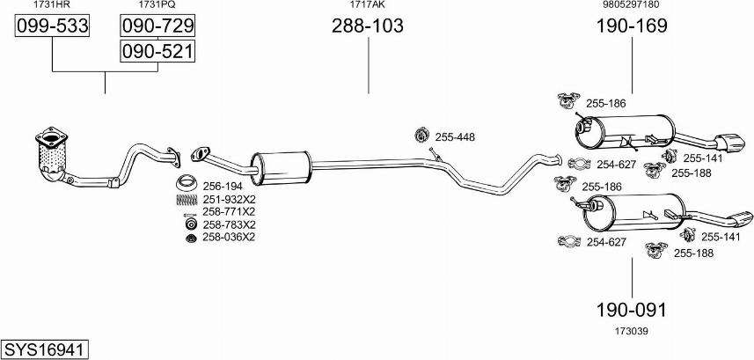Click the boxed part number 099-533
pos(52,26)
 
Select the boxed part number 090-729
pos(157,26)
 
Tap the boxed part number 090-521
pos(157,51)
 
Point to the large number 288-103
pos(368,26)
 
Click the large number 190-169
pos(632,26)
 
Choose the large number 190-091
pos(632,311)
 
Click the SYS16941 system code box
pos(45,349)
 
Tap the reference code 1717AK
pos(368,4)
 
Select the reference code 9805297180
pos(632,4)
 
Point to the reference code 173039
pos(632,331)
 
